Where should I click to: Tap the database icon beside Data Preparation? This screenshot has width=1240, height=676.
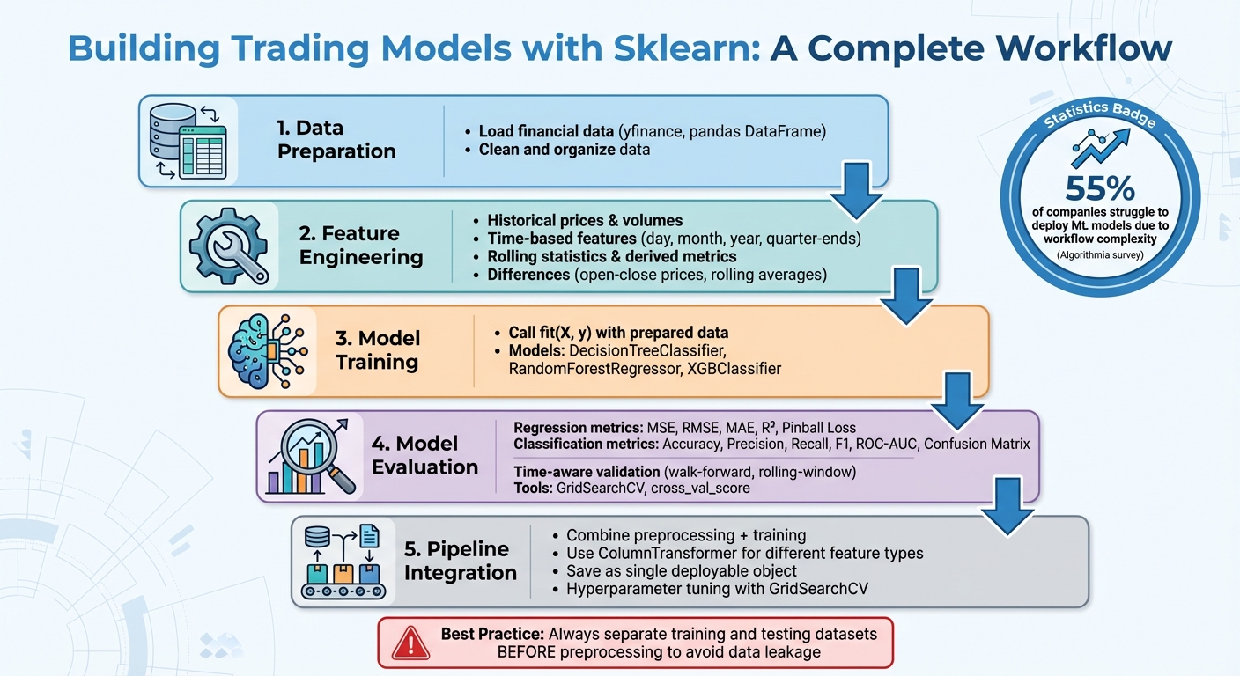click(x=187, y=141)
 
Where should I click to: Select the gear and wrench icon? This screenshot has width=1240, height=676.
click(x=229, y=246)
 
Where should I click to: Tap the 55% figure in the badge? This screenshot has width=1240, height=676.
click(x=1100, y=189)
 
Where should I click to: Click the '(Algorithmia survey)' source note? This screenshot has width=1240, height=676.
click(x=1100, y=255)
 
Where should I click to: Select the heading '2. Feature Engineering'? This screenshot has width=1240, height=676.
click(x=361, y=246)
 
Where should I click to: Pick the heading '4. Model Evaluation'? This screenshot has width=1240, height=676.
click(x=424, y=455)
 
